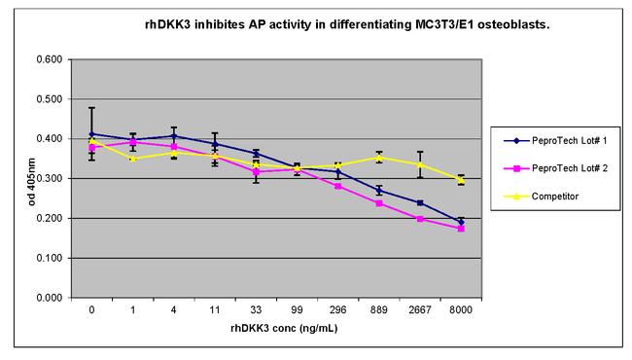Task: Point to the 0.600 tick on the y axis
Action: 48,59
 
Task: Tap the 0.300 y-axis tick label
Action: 48,179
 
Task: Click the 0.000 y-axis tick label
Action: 48,298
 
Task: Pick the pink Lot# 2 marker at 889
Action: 379,203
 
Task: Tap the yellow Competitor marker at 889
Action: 379,158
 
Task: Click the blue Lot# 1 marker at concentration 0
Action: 92,134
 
